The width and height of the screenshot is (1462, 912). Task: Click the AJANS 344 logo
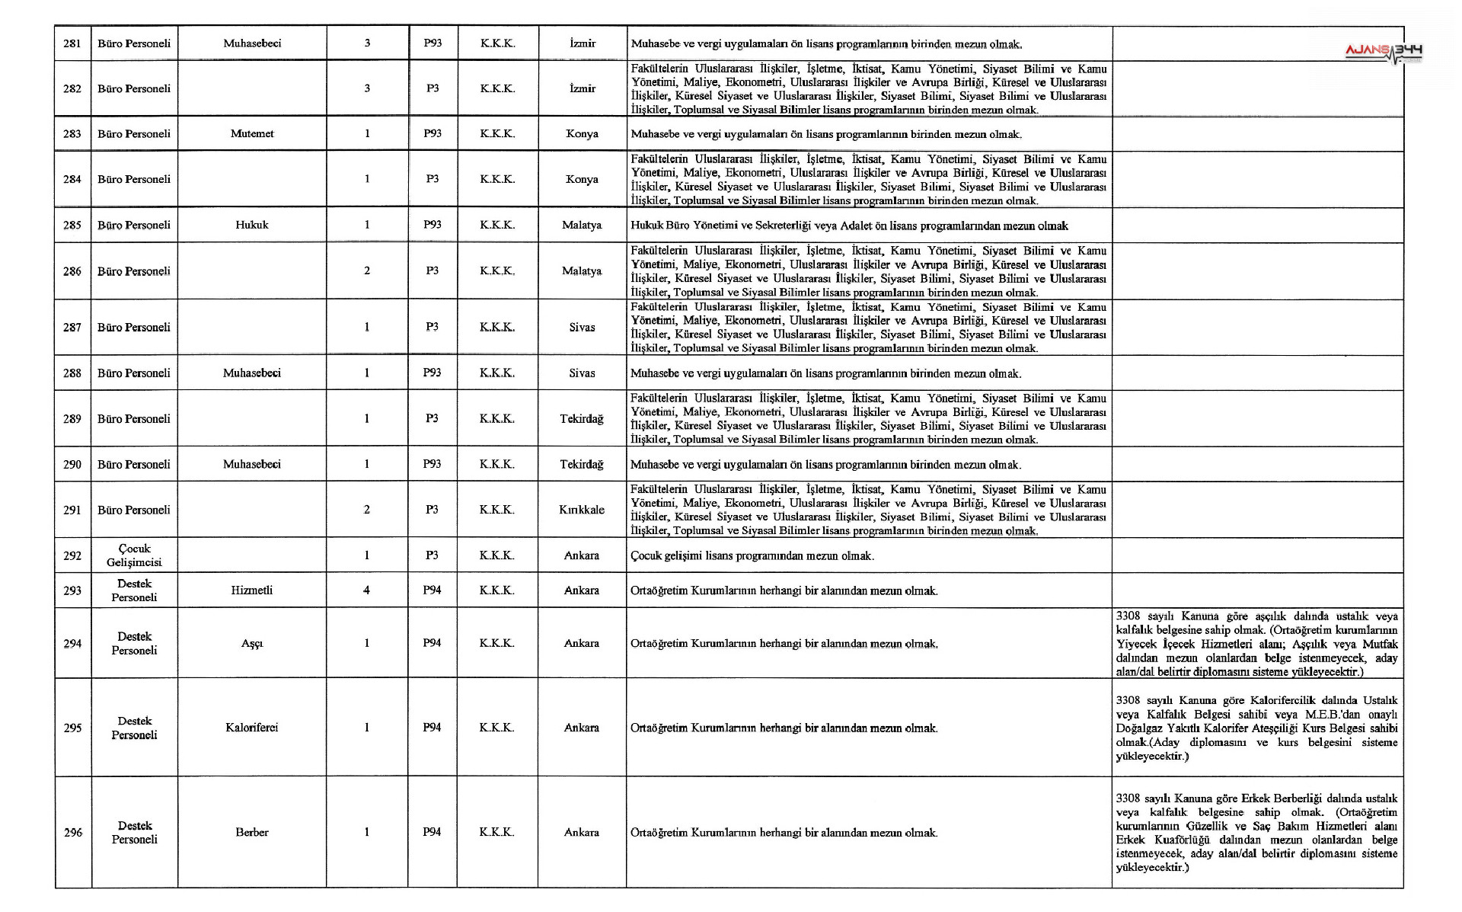pyautogui.click(x=1384, y=51)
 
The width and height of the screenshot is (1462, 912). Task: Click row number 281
pyautogui.click(x=72, y=43)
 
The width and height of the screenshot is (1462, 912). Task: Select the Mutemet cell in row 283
pyautogui.click(x=252, y=134)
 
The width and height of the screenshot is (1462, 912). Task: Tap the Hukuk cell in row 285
pyautogui.click(x=252, y=226)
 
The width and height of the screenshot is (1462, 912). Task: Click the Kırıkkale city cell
pyautogui.click(x=582, y=510)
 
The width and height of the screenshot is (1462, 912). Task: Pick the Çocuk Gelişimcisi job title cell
pyautogui.click(x=134, y=555)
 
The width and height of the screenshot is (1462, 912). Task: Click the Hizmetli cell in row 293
pyautogui.click(x=252, y=590)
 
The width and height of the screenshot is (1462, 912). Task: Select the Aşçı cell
pyautogui.click(x=252, y=644)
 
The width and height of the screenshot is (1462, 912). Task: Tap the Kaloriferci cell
pyautogui.click(x=252, y=728)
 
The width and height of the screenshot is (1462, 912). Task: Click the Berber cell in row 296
pyautogui.click(x=252, y=833)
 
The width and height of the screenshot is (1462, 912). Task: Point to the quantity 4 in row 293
pyautogui.click(x=367, y=590)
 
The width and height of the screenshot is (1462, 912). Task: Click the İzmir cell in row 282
pyautogui.click(x=583, y=88)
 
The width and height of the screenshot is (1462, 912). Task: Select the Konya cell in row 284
pyautogui.click(x=582, y=180)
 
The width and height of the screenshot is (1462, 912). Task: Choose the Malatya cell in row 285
pyautogui.click(x=582, y=226)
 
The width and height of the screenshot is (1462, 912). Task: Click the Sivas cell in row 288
pyautogui.click(x=582, y=373)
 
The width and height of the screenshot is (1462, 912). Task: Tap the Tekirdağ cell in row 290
pyautogui.click(x=582, y=465)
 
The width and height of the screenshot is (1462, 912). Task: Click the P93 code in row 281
pyautogui.click(x=433, y=43)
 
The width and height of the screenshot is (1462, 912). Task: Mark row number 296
pyautogui.click(x=72, y=833)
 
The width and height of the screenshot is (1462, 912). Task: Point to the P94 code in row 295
pyautogui.click(x=432, y=728)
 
